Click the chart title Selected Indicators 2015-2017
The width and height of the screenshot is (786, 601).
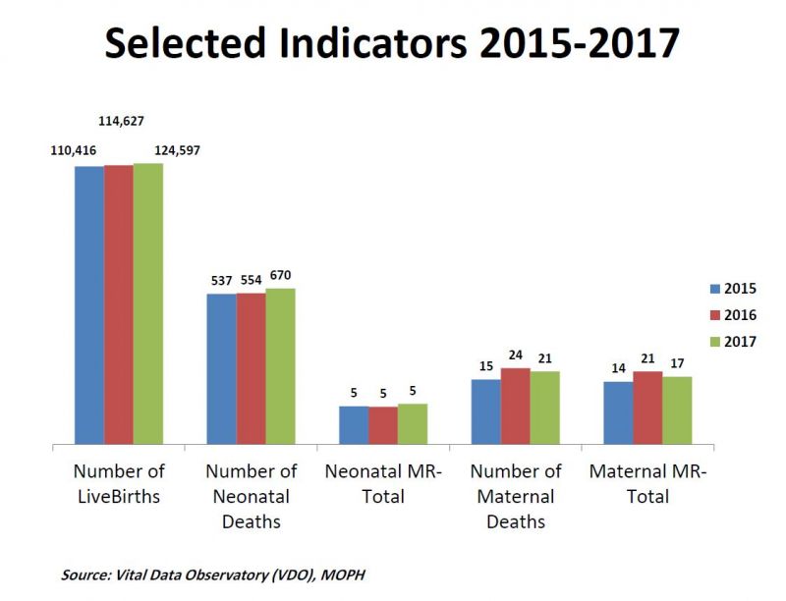(393, 45)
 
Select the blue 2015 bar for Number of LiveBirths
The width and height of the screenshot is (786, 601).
(89, 304)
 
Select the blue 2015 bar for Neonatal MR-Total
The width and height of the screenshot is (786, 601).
(354, 424)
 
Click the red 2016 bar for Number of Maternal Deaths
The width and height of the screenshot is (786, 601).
(515, 406)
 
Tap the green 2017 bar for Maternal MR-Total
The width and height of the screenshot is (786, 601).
(677, 410)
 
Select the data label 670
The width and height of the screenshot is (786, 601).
(281, 275)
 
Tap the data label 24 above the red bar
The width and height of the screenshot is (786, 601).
(516, 355)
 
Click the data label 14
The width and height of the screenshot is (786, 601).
(618, 368)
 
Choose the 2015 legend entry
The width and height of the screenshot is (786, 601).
(732, 289)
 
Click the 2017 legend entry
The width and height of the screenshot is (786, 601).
(732, 341)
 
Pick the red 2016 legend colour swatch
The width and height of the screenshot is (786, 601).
(714, 315)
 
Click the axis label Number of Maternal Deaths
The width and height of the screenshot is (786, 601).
(515, 496)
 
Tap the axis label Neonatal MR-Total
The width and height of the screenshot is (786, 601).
(383, 484)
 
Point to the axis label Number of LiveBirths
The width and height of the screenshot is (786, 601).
(119, 484)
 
